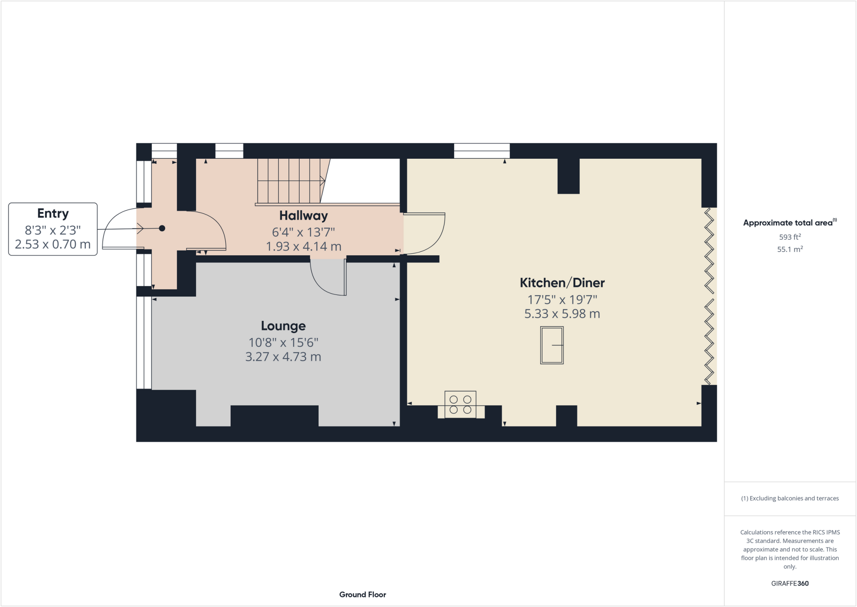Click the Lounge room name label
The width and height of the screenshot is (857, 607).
tap(283, 326)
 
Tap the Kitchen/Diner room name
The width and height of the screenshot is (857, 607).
tap(562, 283)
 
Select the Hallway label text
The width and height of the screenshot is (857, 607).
tap(303, 216)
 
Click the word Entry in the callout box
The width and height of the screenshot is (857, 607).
tap(53, 214)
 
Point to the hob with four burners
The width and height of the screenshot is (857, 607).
tap(460, 404)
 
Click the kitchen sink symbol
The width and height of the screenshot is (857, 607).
tap(552, 345)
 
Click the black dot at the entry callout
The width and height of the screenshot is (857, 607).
tap(162, 228)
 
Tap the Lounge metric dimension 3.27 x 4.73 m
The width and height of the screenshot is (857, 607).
tap(283, 357)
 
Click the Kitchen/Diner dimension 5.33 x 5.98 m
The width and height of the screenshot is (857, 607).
tap(562, 314)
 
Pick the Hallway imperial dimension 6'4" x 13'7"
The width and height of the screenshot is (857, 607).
tap(303, 232)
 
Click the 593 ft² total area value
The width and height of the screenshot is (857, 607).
tap(790, 237)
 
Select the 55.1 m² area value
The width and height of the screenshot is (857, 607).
tap(790, 249)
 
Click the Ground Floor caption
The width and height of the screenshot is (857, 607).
tap(362, 594)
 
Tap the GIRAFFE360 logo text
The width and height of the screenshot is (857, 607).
tap(790, 583)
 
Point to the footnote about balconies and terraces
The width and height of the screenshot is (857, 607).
tap(790, 499)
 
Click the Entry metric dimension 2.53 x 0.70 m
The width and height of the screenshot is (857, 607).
tap(53, 244)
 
